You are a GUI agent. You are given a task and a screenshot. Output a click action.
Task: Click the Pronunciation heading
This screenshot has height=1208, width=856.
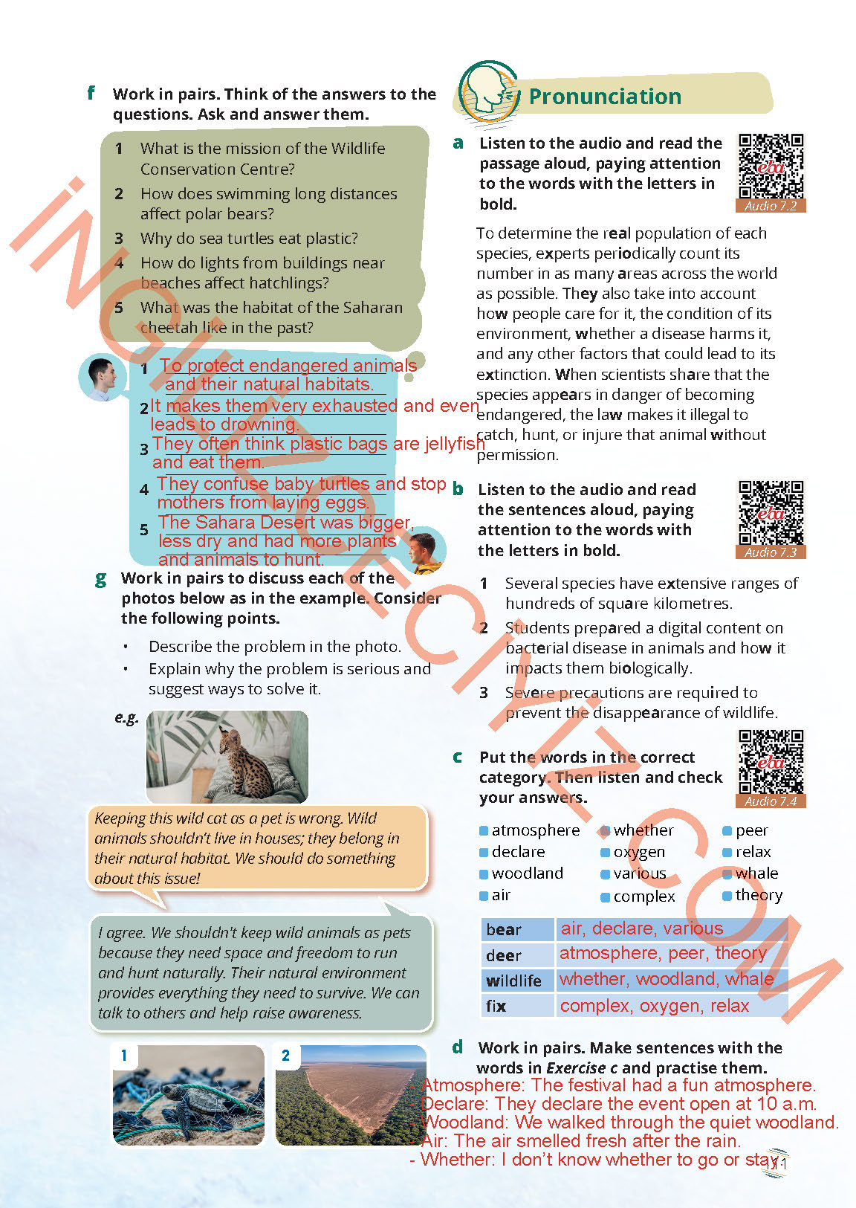(605, 97)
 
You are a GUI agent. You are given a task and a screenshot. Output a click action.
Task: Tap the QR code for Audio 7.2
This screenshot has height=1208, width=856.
(771, 166)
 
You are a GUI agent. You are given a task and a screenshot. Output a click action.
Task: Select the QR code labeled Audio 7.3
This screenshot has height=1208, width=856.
(771, 513)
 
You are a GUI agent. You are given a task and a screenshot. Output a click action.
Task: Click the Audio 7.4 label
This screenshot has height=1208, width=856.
(771, 801)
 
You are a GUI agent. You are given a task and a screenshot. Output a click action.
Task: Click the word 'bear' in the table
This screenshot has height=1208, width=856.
(504, 930)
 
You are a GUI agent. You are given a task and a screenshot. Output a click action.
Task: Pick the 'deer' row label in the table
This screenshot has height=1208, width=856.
(504, 956)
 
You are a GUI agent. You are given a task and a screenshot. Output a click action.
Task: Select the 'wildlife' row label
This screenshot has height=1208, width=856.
(513, 981)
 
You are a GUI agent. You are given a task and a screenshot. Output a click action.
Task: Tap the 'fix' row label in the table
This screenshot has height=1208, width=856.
(496, 1007)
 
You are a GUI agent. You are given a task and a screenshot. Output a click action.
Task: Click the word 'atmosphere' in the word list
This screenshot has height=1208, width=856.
(535, 830)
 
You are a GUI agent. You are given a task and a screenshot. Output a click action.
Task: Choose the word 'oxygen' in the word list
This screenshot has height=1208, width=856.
(639, 852)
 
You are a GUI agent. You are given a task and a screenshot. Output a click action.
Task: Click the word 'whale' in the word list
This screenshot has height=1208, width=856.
(756, 873)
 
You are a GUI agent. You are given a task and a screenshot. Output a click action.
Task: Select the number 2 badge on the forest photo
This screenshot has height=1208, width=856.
(286, 1056)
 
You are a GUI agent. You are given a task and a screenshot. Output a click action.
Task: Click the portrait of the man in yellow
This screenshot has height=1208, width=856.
(426, 551)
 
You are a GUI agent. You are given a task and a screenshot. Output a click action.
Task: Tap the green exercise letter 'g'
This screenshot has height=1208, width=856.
(101, 578)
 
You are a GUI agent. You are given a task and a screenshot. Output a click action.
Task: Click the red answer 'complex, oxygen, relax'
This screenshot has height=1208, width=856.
(654, 1006)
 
